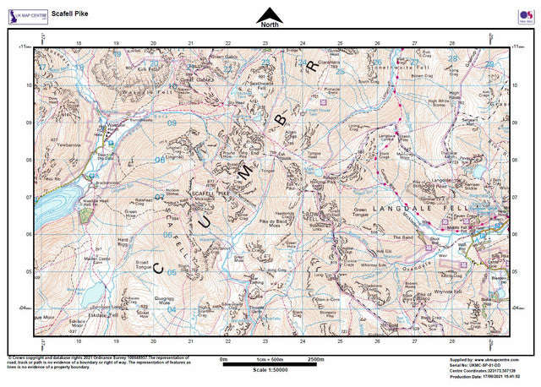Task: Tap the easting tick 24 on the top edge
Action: (x=303, y=41)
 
